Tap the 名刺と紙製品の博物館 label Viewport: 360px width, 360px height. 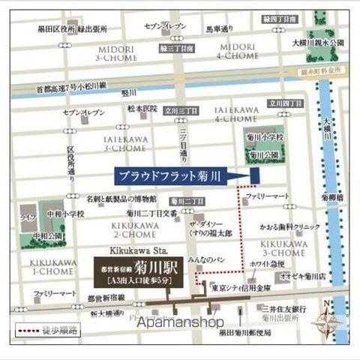pos(121,199)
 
